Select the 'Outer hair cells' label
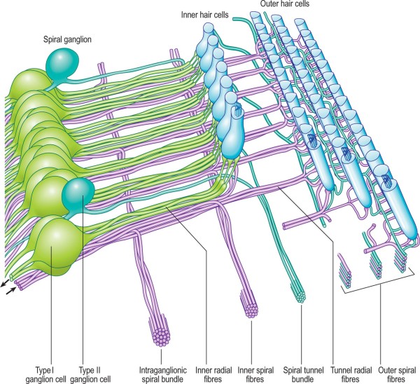click(x=286, y=4)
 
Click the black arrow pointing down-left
click(x=6, y=281)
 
